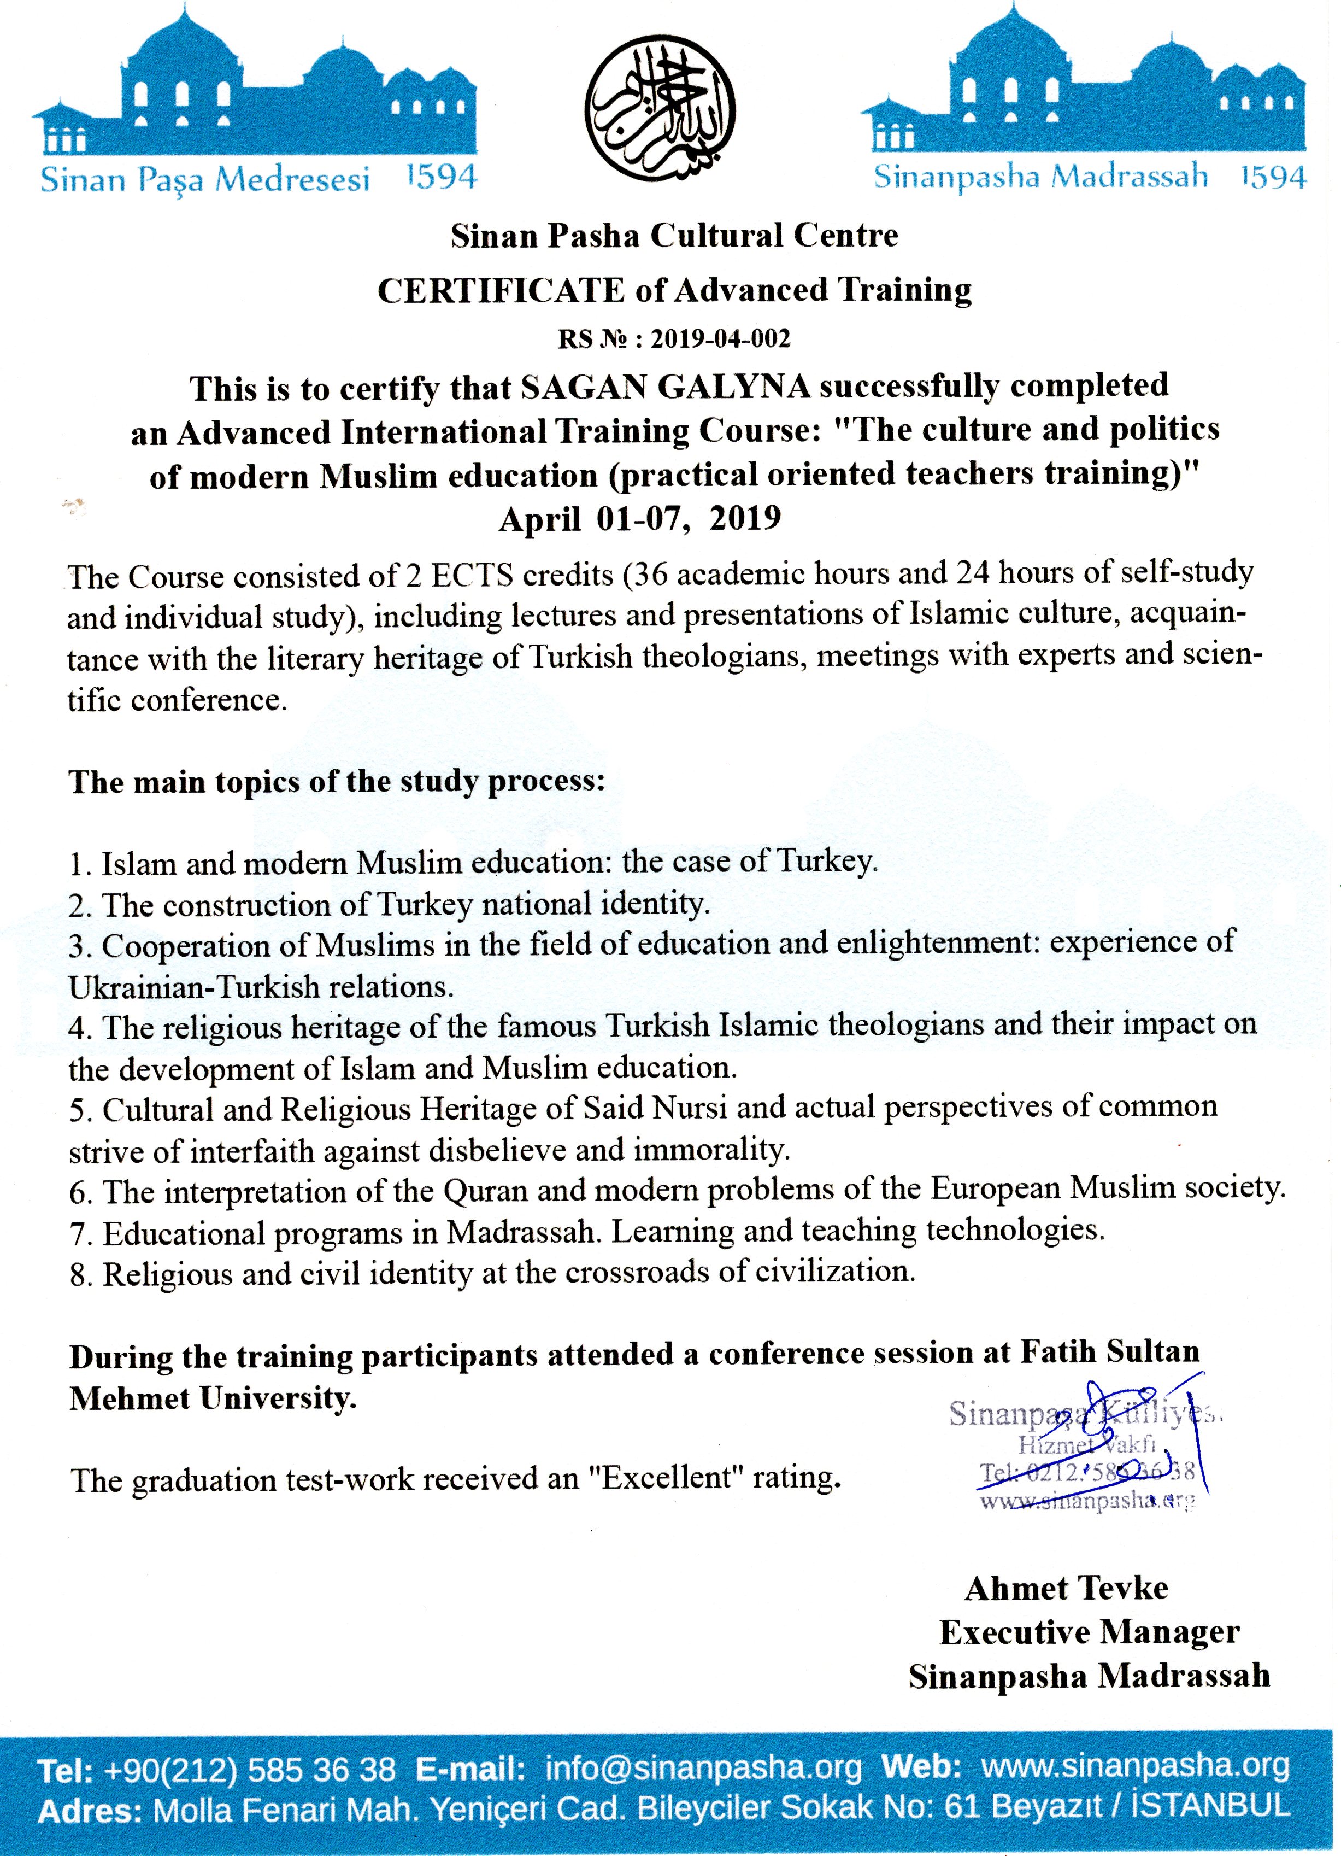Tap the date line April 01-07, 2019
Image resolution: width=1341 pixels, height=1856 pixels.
click(x=640, y=519)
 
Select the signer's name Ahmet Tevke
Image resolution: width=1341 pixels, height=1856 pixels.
click(x=1065, y=1589)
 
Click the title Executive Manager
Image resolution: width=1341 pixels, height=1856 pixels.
click(x=1089, y=1632)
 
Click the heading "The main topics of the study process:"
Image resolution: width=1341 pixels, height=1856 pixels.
click(x=336, y=782)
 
